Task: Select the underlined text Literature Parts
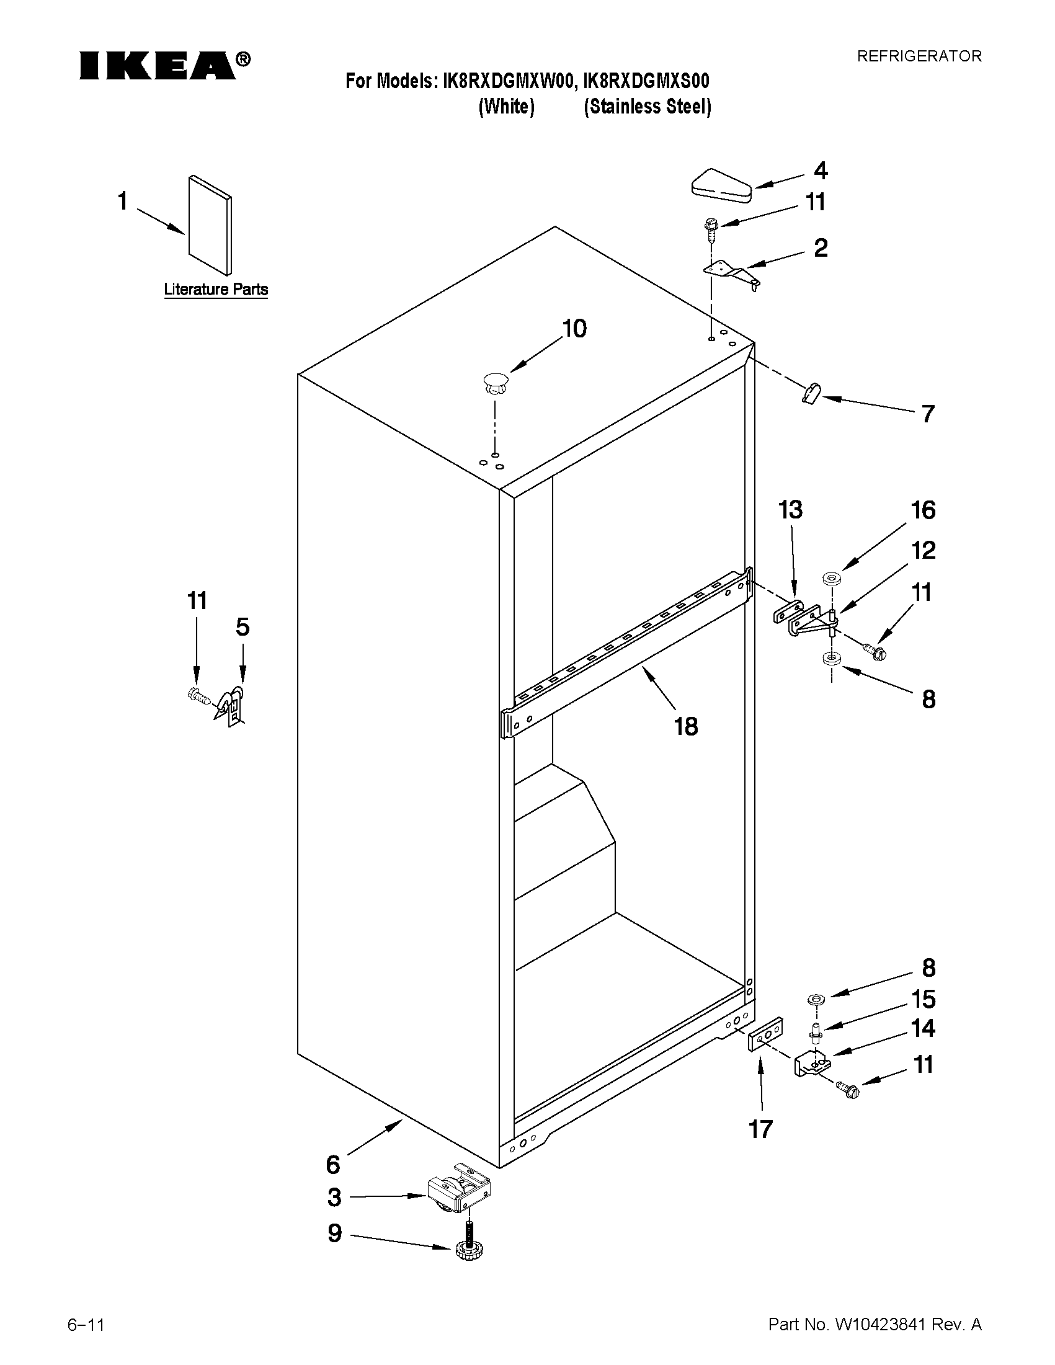coord(216,290)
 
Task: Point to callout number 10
coord(574,329)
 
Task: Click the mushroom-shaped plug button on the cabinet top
coord(495,382)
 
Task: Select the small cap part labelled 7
coord(811,394)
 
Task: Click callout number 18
coord(685,726)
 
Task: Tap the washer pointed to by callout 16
coord(831,579)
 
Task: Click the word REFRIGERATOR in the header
coord(919,56)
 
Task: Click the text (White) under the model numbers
coord(506,107)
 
